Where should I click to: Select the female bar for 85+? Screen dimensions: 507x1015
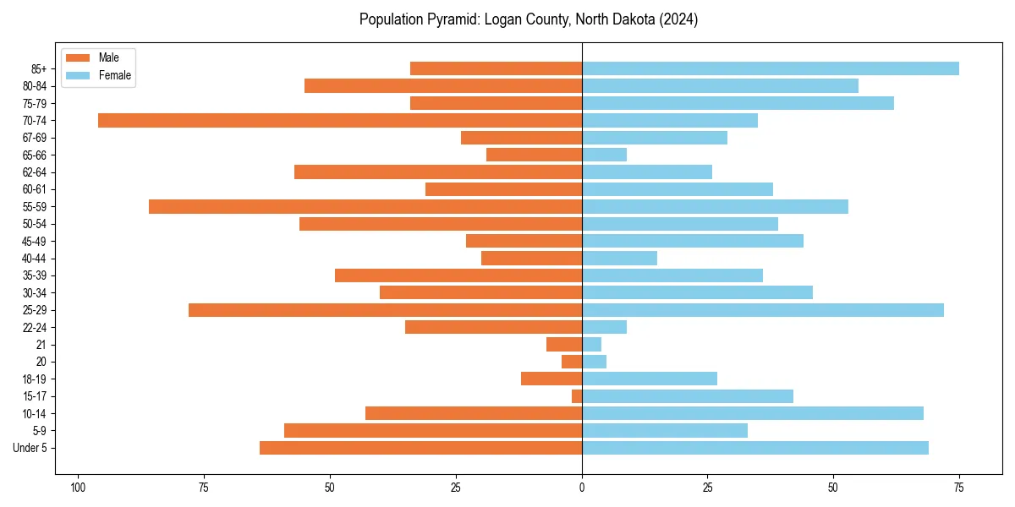coord(771,68)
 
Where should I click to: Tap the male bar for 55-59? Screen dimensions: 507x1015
coord(365,206)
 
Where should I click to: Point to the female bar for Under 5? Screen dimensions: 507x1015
coord(755,448)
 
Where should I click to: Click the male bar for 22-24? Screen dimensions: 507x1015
coord(493,327)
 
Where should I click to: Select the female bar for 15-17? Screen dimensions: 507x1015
coord(688,396)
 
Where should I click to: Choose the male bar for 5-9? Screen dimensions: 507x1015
coord(433,431)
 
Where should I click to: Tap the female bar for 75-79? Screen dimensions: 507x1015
coord(738,103)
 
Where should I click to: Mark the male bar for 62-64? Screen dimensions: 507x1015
coord(438,172)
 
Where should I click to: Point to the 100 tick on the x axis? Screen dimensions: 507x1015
coord(78,488)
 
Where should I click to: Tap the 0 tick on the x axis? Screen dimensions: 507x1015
coord(582,488)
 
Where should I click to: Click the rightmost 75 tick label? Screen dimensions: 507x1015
coord(959,488)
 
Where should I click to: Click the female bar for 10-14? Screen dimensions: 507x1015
coord(753,413)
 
